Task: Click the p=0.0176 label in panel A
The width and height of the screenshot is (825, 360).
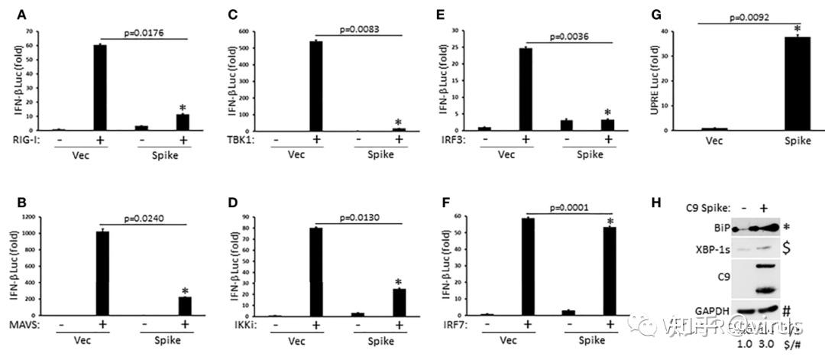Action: (144, 34)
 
